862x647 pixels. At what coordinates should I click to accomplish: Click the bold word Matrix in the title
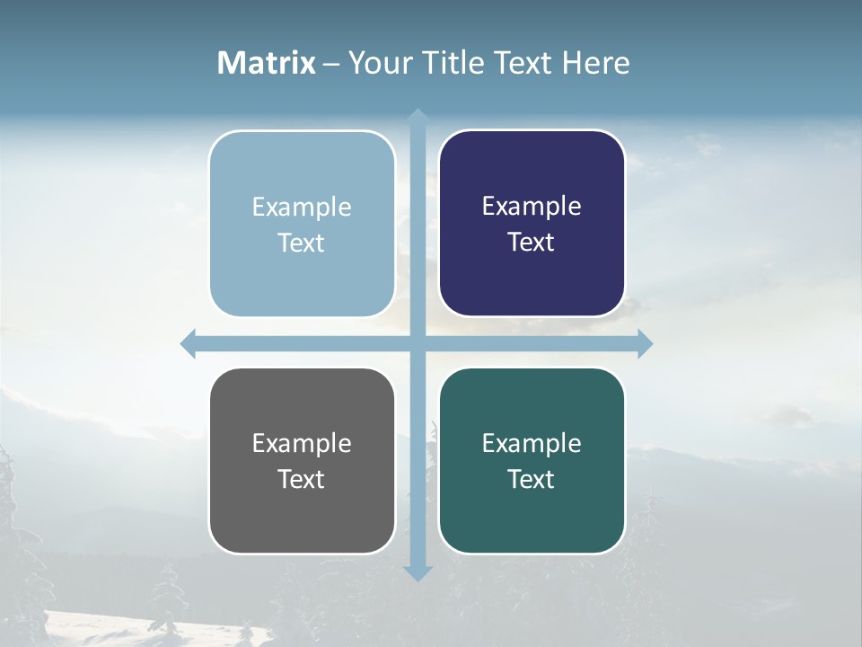pyautogui.click(x=267, y=63)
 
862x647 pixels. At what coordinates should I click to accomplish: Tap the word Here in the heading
pyautogui.click(x=595, y=63)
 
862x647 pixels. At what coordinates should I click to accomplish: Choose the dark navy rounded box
pyautogui.click(x=532, y=279)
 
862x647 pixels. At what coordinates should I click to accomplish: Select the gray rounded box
pyautogui.click(x=302, y=517)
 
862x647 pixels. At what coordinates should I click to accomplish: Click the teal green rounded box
pyautogui.click(x=532, y=517)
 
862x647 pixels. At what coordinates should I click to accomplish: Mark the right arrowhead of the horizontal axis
pyautogui.click(x=645, y=344)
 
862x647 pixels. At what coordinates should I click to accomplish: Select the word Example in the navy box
pyautogui.click(x=532, y=207)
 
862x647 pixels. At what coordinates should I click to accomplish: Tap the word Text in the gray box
pyautogui.click(x=301, y=479)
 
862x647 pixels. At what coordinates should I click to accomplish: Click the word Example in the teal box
pyautogui.click(x=532, y=443)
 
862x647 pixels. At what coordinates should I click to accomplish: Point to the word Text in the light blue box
pyautogui.click(x=301, y=243)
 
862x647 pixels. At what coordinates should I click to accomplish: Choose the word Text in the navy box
pyautogui.click(x=531, y=242)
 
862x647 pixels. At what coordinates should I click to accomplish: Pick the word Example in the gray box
pyautogui.click(x=302, y=443)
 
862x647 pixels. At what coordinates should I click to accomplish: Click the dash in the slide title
pyautogui.click(x=331, y=64)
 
